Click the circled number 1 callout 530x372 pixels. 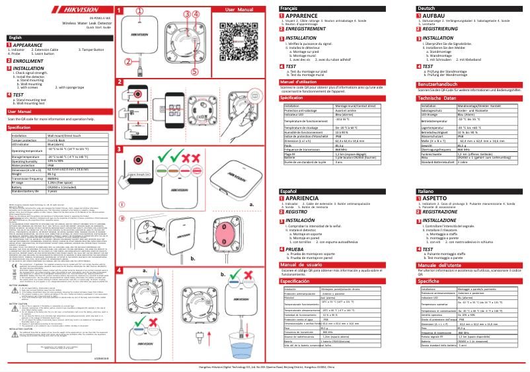pos(139,11)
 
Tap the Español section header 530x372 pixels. pos(288,190)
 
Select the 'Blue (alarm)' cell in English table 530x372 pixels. pos(57,143)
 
